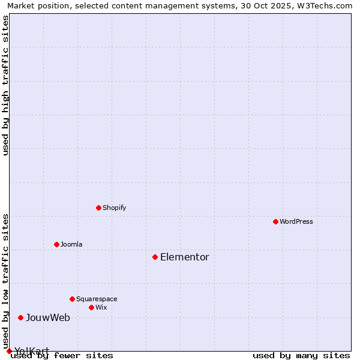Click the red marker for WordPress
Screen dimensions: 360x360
pyautogui.click(x=275, y=221)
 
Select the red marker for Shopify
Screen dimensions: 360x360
pyautogui.click(x=98, y=208)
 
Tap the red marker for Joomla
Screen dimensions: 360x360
pyautogui.click(x=56, y=244)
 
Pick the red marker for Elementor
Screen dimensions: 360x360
pyautogui.click(x=155, y=257)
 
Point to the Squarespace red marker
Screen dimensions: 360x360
pyautogui.click(x=72, y=299)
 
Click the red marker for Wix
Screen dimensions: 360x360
pyautogui.click(x=91, y=307)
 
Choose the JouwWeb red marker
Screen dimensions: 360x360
pyautogui.click(x=20, y=317)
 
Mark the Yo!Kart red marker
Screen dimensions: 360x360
pyautogui.click(x=9, y=351)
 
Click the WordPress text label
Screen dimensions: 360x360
pyautogui.click(x=296, y=221)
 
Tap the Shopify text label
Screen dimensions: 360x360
pyautogui.click(x=115, y=208)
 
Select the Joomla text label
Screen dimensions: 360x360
pyautogui.click(x=71, y=244)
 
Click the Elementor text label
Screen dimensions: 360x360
pyautogui.click(x=185, y=257)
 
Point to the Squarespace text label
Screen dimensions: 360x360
pyautogui.click(x=97, y=299)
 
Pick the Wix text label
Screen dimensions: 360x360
pyautogui.click(x=101, y=307)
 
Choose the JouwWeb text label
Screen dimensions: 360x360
pyautogui.click(x=48, y=317)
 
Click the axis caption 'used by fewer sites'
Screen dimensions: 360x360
pyautogui.click(x=62, y=356)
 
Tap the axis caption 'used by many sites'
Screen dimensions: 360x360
pyautogui.click(x=301, y=356)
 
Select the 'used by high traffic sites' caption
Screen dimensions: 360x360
pyautogui.click(x=6, y=85)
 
